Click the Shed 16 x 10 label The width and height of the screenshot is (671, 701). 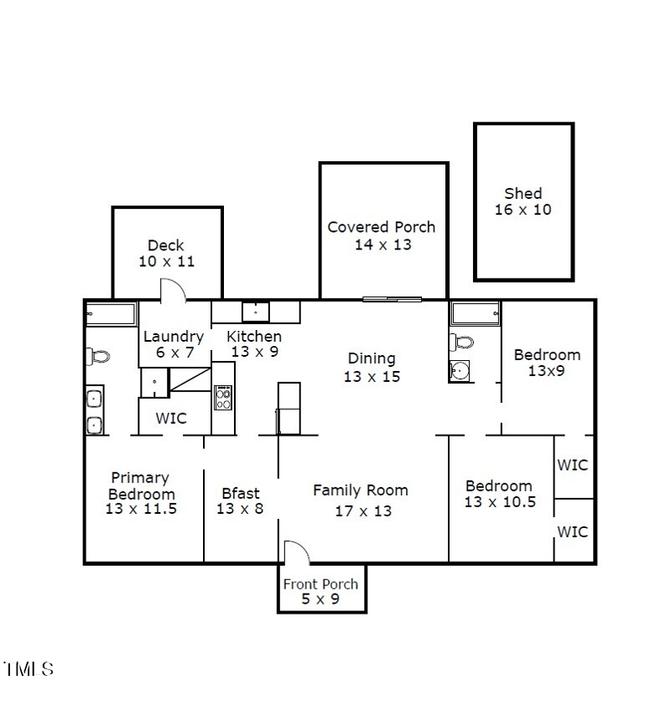click(x=523, y=201)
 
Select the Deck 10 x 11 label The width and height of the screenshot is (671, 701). click(x=166, y=254)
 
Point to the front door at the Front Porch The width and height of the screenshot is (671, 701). click(x=296, y=553)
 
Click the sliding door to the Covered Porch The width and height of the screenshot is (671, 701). click(x=392, y=299)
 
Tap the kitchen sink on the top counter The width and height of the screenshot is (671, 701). click(x=256, y=311)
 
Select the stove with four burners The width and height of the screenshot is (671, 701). click(x=223, y=397)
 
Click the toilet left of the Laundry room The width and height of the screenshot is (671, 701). click(x=98, y=357)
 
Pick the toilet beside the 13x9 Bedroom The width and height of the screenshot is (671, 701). click(x=462, y=343)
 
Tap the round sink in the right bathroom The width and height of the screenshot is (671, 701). click(x=459, y=371)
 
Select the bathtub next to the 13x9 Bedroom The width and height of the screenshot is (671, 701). click(x=476, y=314)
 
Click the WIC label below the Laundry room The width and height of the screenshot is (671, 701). click(x=172, y=418)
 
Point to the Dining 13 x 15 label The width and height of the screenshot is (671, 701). click(x=372, y=368)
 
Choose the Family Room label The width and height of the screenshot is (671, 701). click(x=361, y=490)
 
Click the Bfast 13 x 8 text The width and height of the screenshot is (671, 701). click(x=240, y=500)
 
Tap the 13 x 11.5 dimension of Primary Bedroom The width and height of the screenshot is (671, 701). click(x=142, y=508)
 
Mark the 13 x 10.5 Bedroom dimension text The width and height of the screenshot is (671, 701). click(x=499, y=502)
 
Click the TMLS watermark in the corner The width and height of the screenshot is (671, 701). click(x=29, y=670)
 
